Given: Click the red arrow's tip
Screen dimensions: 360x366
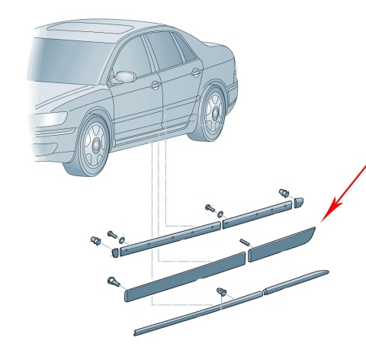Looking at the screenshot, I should (x=323, y=220).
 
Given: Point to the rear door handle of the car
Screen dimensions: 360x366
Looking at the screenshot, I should (x=196, y=72).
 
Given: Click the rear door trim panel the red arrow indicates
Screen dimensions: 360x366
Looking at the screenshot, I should (x=282, y=242).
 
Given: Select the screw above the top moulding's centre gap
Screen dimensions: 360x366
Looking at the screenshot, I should (x=209, y=208).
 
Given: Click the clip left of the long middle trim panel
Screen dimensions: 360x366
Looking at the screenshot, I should (x=112, y=281).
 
